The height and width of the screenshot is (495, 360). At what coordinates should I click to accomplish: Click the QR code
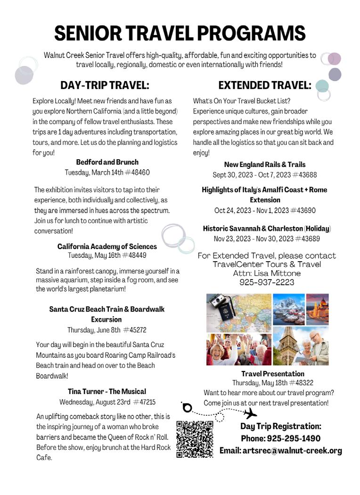[x=195, y=439]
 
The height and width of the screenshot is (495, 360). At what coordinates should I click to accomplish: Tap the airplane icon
[x=250, y=413]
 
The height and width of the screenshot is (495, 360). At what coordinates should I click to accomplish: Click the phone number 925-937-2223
[x=267, y=282]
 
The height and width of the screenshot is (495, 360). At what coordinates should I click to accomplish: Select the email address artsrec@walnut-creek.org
[x=281, y=451]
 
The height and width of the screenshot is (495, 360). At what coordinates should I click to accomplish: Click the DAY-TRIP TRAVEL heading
[x=105, y=85]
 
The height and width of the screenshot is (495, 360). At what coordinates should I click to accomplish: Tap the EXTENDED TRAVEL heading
[x=265, y=85]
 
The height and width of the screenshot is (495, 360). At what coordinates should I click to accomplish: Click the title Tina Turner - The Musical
[x=107, y=391]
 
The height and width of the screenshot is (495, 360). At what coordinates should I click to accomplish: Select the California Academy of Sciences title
[x=107, y=247]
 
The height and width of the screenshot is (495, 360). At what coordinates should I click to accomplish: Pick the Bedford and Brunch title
[x=107, y=162]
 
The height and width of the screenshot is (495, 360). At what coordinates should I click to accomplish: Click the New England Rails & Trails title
[x=265, y=165]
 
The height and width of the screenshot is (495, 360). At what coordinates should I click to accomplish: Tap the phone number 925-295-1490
[x=294, y=438]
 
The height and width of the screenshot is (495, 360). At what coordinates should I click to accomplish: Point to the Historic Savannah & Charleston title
[x=253, y=229]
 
